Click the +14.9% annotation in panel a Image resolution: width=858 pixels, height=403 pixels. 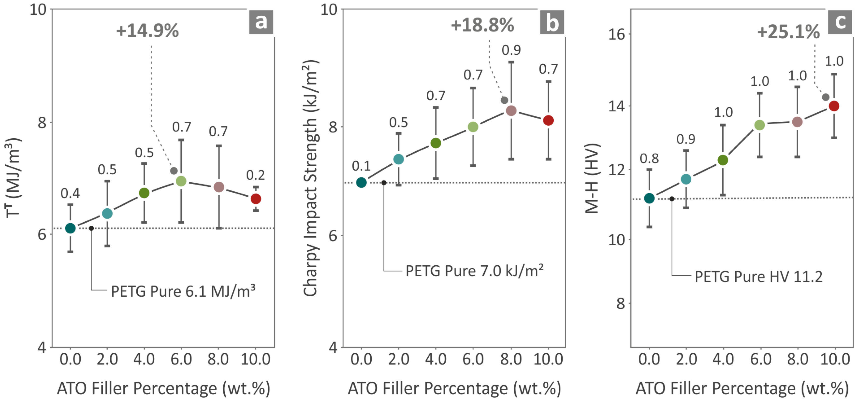(147, 31)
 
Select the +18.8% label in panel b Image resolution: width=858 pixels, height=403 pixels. (482, 25)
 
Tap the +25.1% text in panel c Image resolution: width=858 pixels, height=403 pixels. (788, 32)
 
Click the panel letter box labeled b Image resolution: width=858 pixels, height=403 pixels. (552, 23)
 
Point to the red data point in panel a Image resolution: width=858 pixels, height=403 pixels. (255, 199)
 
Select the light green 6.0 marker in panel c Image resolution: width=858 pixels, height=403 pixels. (759, 125)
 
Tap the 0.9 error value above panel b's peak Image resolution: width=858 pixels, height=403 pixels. (511, 50)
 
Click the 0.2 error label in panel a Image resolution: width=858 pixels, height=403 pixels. (255, 175)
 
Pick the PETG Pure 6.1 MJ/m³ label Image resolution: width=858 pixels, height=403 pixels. (183, 291)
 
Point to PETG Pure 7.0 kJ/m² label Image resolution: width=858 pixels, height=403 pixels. (474, 271)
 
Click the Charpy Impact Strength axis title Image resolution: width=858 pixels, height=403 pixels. (310, 178)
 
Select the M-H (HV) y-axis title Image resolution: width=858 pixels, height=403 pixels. (593, 178)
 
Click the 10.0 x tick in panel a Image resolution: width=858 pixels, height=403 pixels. (255, 359)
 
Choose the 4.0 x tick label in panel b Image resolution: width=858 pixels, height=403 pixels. (436, 359)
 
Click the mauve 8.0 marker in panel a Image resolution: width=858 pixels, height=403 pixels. (218, 187)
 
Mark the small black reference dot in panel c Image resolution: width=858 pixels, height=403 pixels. (672, 199)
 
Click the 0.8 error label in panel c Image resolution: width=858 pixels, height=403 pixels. (649, 158)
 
